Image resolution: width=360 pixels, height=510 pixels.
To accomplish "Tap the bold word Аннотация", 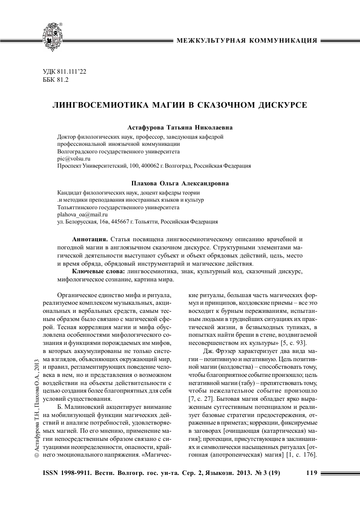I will (x=89, y=238).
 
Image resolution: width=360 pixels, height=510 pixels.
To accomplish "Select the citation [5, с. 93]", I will (x=290, y=342).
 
